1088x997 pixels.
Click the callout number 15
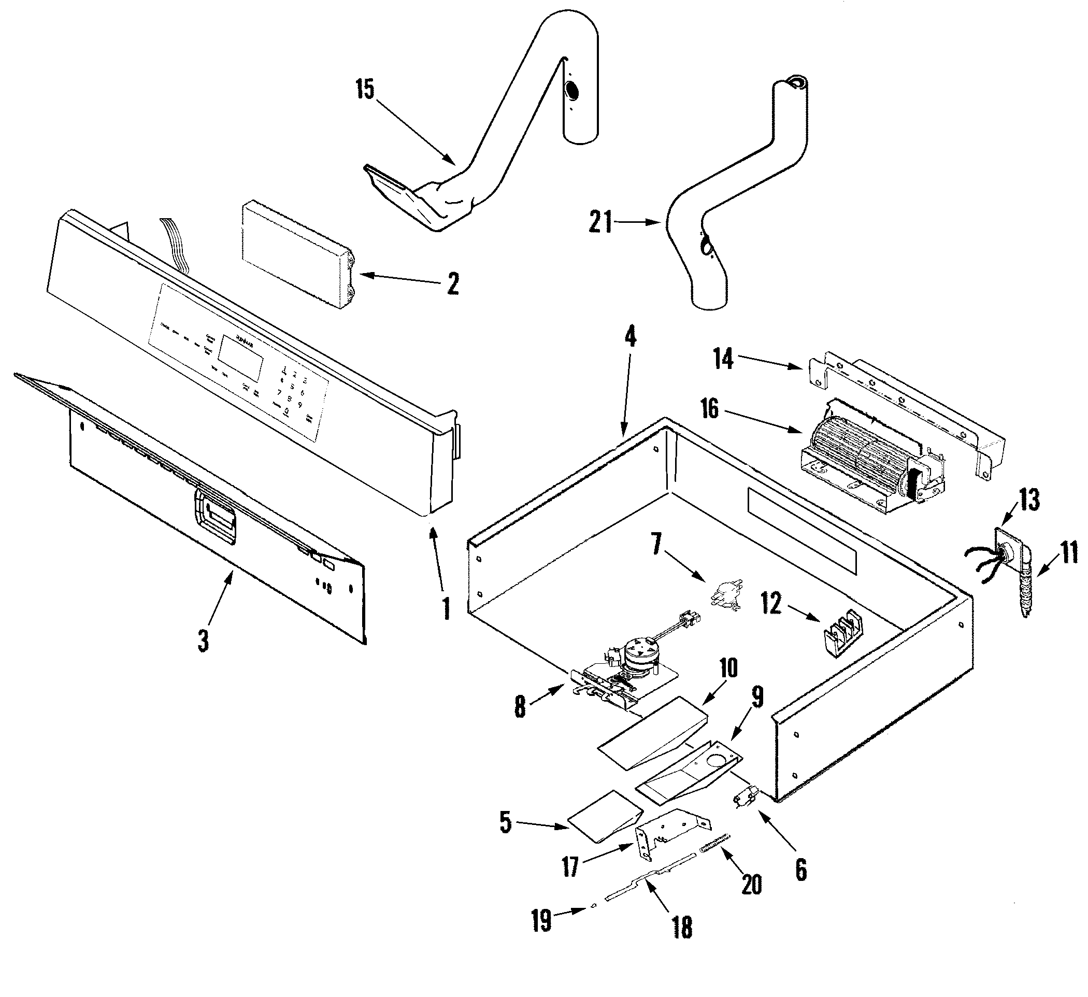[x=365, y=90]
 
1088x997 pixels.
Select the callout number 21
[x=600, y=222]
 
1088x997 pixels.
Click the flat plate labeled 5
[x=605, y=816]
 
